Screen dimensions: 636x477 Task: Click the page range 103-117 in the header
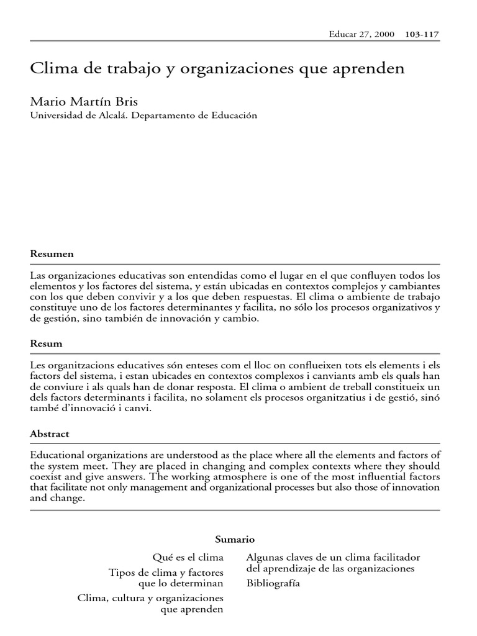(422, 35)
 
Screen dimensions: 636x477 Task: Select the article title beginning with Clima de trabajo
(217, 69)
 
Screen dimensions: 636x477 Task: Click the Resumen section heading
(52, 254)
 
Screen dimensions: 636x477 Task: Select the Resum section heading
(47, 343)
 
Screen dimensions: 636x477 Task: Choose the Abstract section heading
(50, 434)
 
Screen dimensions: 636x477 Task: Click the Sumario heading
(235, 539)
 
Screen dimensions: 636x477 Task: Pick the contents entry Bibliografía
(273, 583)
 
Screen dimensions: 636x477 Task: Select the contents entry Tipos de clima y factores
(166, 572)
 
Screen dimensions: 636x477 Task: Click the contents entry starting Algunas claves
(333, 557)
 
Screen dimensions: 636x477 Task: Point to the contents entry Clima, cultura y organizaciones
(150, 597)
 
